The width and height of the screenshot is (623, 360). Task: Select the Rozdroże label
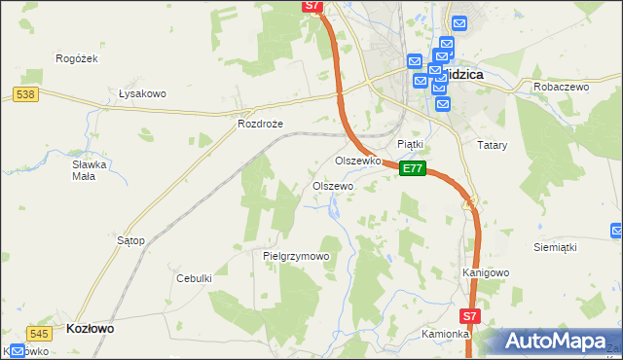pos(259,125)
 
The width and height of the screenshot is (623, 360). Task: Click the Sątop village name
pos(130,239)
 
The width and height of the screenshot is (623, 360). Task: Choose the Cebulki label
pos(194,278)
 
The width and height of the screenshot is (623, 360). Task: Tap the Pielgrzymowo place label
pos(296,256)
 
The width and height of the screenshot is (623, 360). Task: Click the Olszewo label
pos(332,185)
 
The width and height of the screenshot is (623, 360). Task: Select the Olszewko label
pos(355,161)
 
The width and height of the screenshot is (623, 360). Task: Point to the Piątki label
pos(410,144)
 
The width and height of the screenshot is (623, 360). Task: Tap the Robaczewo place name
pos(562,87)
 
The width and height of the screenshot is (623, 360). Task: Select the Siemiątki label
pos(556,247)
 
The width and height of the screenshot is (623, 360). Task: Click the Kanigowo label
pos(486,272)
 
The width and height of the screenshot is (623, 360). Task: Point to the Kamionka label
pos(446,334)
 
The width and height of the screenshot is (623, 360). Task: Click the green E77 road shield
pos(413,168)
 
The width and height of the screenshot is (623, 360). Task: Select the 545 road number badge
pos(39,333)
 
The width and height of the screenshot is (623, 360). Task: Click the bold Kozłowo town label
pos(90,329)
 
